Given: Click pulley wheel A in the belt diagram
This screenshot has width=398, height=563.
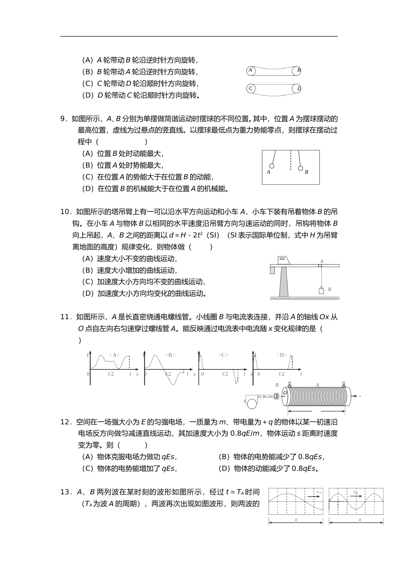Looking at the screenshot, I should click(x=251, y=70).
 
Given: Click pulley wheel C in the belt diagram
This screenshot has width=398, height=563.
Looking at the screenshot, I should click(x=251, y=88).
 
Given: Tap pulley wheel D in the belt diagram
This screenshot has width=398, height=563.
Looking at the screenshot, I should click(x=298, y=88).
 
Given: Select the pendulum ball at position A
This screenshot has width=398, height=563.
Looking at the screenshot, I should click(x=271, y=166).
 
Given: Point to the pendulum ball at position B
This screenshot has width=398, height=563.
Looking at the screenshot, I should click(x=300, y=168).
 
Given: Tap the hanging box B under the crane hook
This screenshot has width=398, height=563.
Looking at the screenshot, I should click(x=321, y=291).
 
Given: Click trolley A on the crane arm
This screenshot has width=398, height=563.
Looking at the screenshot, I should click(x=320, y=265).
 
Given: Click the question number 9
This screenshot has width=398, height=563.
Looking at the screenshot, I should click(x=64, y=119).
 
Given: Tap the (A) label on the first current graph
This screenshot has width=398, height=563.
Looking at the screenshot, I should click(x=114, y=355).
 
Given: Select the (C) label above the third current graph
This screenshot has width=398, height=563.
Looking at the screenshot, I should click(x=223, y=355).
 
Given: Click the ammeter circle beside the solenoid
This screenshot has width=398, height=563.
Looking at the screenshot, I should click(x=252, y=403).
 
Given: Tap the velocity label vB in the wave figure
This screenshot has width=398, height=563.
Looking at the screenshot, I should click(x=355, y=493).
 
